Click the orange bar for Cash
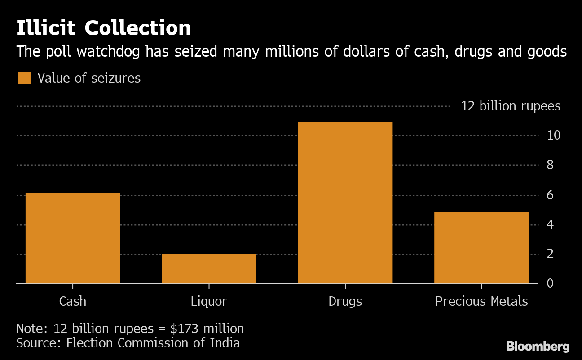pos(73,238)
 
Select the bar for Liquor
pos(209,268)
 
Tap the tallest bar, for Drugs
pos(345,202)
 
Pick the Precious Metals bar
pos(481,247)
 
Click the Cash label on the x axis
pos(73,301)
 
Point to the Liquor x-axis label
pos(209,301)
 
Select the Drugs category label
pos(345,301)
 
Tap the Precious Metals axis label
pos(481,301)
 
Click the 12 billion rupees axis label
pos(511,106)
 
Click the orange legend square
pos(24,78)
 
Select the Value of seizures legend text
pos(89,78)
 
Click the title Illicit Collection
pos(104,28)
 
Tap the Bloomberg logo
pos(538,346)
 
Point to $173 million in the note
pos(207,329)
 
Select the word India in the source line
pos(224,343)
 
